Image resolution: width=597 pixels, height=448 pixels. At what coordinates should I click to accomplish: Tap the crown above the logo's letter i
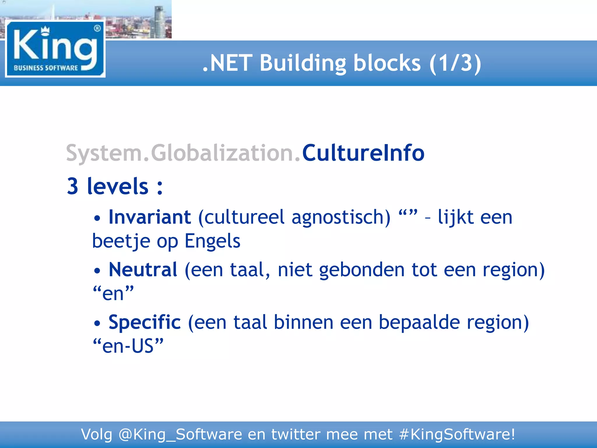(x=45, y=30)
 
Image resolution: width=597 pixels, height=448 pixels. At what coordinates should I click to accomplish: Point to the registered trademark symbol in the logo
(x=97, y=28)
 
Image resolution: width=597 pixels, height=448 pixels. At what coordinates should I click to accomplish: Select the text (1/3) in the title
(x=455, y=63)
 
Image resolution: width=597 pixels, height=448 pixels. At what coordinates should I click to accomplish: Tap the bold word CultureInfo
(x=363, y=153)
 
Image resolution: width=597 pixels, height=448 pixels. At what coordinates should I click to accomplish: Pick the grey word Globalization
(x=223, y=153)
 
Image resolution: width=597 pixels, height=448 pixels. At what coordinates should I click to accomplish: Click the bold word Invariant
(x=150, y=217)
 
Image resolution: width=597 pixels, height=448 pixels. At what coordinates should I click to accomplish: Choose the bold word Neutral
(x=143, y=269)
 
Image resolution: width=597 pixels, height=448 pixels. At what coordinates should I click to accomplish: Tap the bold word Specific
(x=145, y=322)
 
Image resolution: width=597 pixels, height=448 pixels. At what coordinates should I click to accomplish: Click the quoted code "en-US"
(x=128, y=346)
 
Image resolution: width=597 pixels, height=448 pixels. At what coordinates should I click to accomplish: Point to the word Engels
(x=213, y=241)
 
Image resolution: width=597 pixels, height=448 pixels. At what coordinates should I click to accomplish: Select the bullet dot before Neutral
(x=97, y=271)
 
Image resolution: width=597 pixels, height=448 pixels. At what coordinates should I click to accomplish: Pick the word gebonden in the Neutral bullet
(x=362, y=270)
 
